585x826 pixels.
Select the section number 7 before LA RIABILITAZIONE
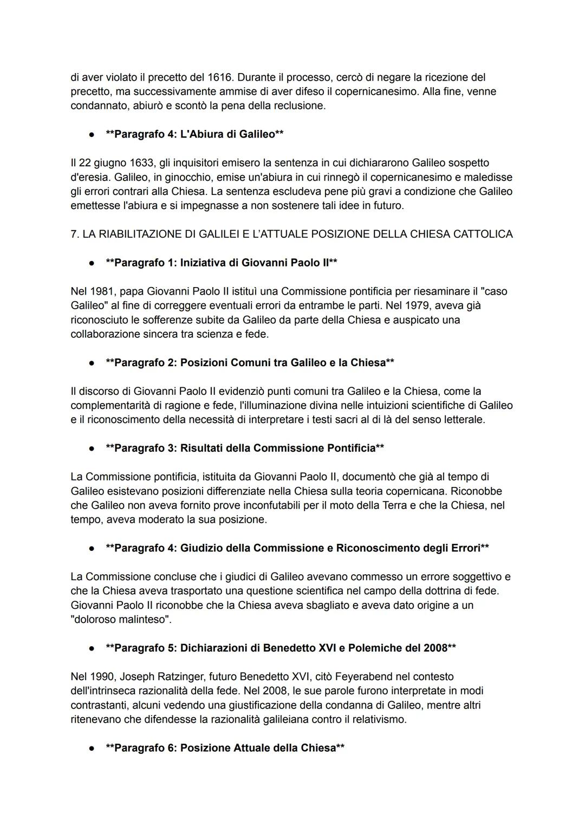[74, 234]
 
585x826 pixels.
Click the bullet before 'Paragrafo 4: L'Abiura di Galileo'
[93, 134]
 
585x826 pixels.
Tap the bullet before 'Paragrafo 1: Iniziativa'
[93, 263]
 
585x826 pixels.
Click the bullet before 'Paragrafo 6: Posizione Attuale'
[93, 748]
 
